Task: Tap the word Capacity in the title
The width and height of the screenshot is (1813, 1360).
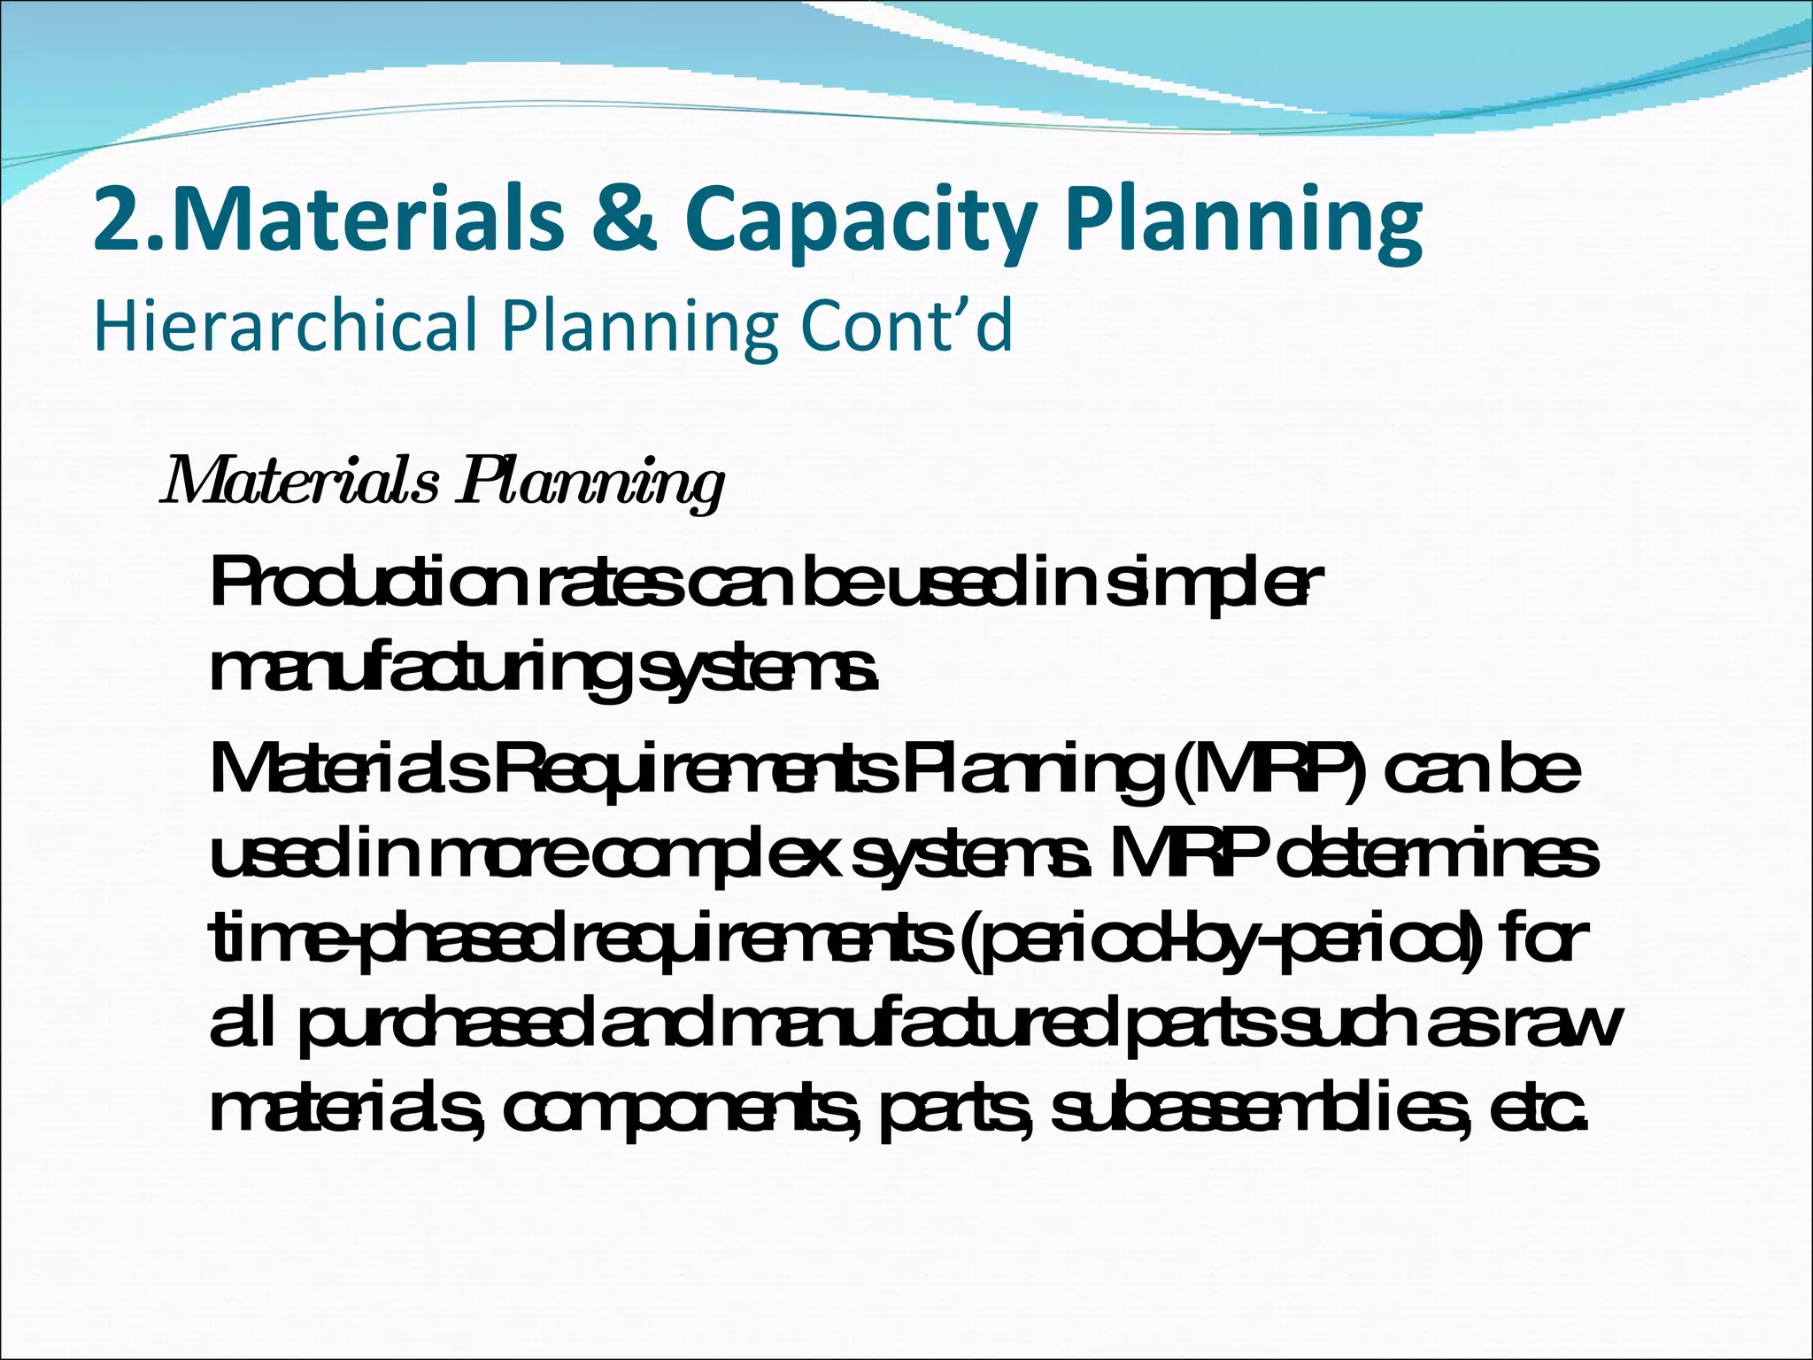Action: coord(858,221)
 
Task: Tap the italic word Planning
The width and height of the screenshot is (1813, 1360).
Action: coord(590,485)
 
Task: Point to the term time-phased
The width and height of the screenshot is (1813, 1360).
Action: coord(390,941)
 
